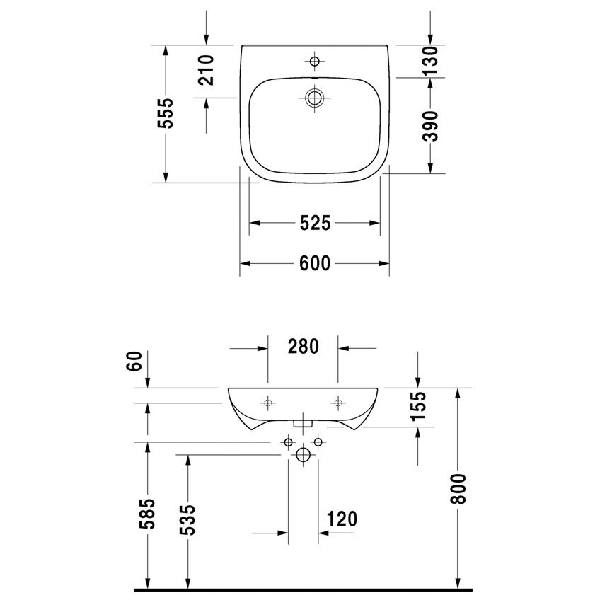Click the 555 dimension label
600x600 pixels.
pos(166,113)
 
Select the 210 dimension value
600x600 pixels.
pos(207,70)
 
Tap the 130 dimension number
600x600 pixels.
pos(430,61)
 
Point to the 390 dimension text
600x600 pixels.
pos(430,126)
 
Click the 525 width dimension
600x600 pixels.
pos(315,223)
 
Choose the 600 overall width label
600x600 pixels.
pos(315,263)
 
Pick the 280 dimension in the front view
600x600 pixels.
pos(303,347)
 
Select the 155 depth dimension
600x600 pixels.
pos(418,405)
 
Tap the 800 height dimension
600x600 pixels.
pos(458,489)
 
